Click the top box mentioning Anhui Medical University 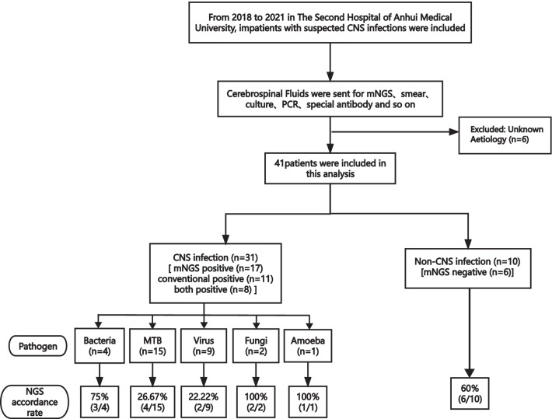tap(332, 28)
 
